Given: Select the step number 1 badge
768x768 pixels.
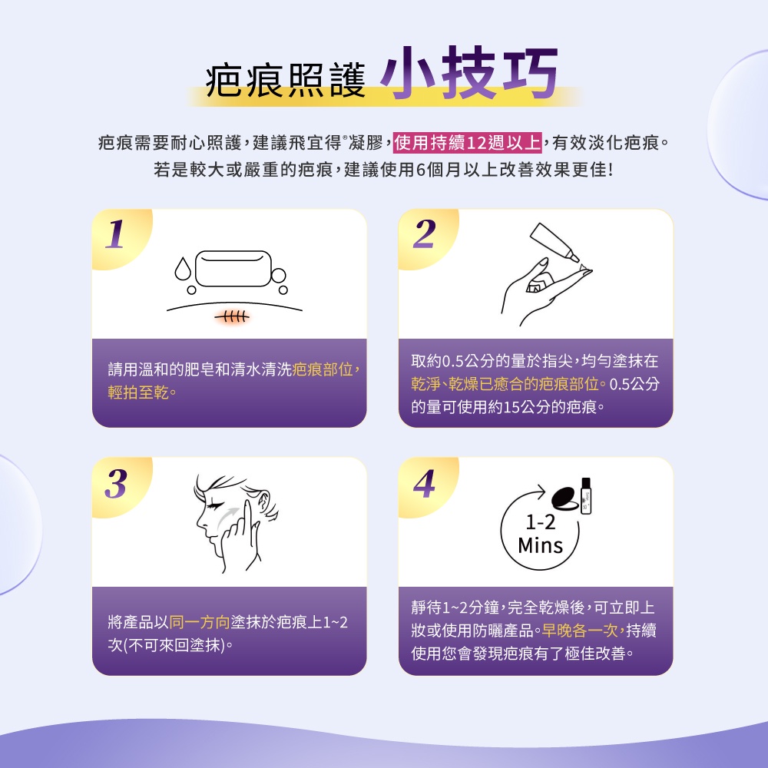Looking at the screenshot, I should coord(116,235).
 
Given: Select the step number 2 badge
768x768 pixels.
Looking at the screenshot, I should coord(423,235).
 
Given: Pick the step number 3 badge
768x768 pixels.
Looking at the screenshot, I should coord(116,485).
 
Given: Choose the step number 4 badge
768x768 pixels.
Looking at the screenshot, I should coord(423,485).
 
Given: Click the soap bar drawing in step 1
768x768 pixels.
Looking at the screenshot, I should coord(231,266).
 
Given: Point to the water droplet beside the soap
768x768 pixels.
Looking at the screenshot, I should coord(182,269).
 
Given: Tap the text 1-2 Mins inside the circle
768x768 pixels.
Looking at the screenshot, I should coord(540,535).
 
